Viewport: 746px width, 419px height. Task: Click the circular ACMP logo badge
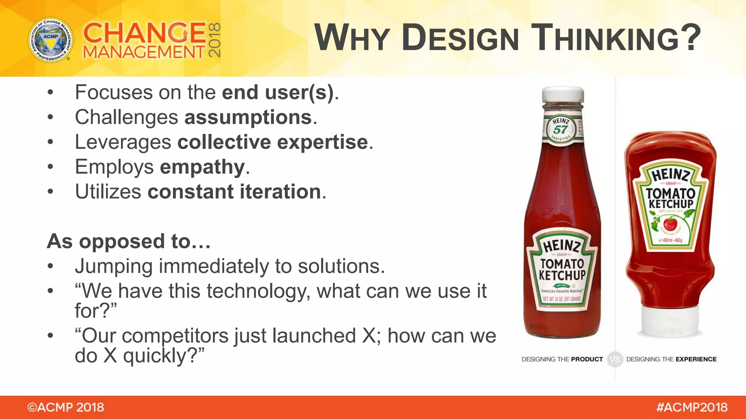click(51, 40)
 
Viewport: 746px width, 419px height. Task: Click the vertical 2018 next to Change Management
click(214, 40)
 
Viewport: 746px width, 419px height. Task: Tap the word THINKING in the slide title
click(616, 37)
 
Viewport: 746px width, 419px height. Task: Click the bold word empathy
click(202, 167)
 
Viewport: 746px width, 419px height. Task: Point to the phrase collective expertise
click(272, 142)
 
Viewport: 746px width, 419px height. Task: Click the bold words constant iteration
click(234, 192)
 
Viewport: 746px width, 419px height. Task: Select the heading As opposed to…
click(129, 241)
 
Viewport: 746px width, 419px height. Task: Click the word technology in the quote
click(258, 291)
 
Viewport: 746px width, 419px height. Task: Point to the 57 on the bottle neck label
click(560, 129)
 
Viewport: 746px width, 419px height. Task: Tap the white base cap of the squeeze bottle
click(671, 322)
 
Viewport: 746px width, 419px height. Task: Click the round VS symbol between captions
click(615, 359)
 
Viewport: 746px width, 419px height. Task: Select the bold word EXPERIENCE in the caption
click(696, 359)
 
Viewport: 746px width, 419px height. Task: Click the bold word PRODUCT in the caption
click(587, 359)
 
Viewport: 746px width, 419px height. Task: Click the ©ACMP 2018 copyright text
click(66, 407)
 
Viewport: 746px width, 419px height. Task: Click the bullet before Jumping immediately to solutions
click(50, 267)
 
